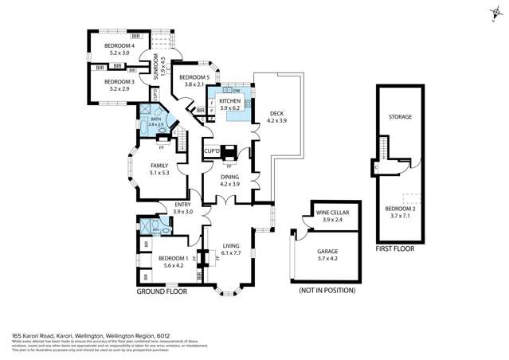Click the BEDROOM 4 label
coord(119,46)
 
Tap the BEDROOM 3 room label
coord(119,81)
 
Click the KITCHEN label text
coord(229,102)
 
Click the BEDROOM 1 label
coord(172,259)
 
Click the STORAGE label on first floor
coord(400,117)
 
